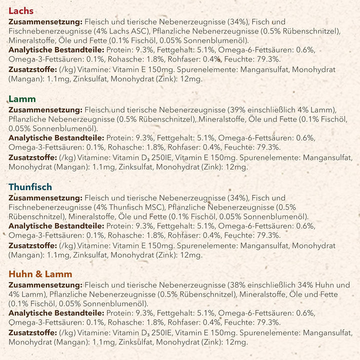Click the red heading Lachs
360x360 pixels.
[21, 10]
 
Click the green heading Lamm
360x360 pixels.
[22, 99]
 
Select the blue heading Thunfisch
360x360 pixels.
[30, 187]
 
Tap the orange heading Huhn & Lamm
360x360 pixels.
[40, 273]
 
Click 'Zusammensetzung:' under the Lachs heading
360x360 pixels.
[45, 22]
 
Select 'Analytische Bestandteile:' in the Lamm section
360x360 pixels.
[56, 138]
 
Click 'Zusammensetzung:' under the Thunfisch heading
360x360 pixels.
[45, 198]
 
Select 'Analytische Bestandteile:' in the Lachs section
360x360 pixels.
[56, 50]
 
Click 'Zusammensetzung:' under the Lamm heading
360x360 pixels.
[45, 110]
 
